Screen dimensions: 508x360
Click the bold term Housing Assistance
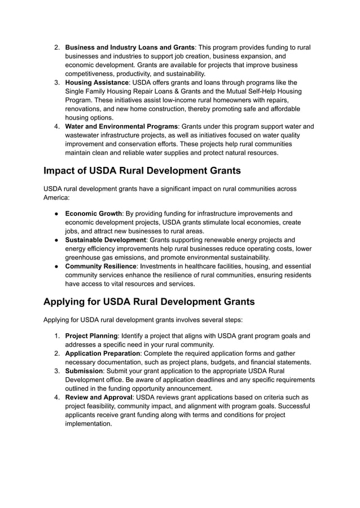tap(97, 82)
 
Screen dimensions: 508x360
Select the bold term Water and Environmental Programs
tap(121, 126)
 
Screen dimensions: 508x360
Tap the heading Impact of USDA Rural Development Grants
tap(142, 171)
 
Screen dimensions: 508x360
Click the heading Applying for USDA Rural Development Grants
tap(149, 302)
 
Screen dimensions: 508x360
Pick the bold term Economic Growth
tap(94, 214)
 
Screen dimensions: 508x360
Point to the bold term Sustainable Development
tap(106, 240)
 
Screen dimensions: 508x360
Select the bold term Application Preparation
tap(103, 354)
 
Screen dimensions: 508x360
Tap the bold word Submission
tap(84, 371)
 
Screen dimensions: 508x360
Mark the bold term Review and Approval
tap(99, 397)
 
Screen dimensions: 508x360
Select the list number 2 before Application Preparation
tap(57, 354)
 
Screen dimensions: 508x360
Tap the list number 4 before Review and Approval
tap(57, 397)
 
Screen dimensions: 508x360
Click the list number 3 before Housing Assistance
tap(57, 82)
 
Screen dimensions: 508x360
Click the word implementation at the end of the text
tap(88, 423)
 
